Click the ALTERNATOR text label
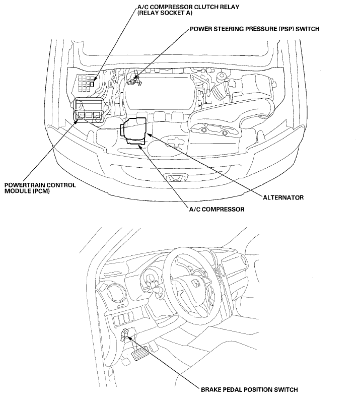(283, 197)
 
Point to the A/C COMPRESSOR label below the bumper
(217, 209)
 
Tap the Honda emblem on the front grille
(175, 177)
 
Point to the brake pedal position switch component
(126, 333)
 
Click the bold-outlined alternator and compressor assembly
(134, 130)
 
